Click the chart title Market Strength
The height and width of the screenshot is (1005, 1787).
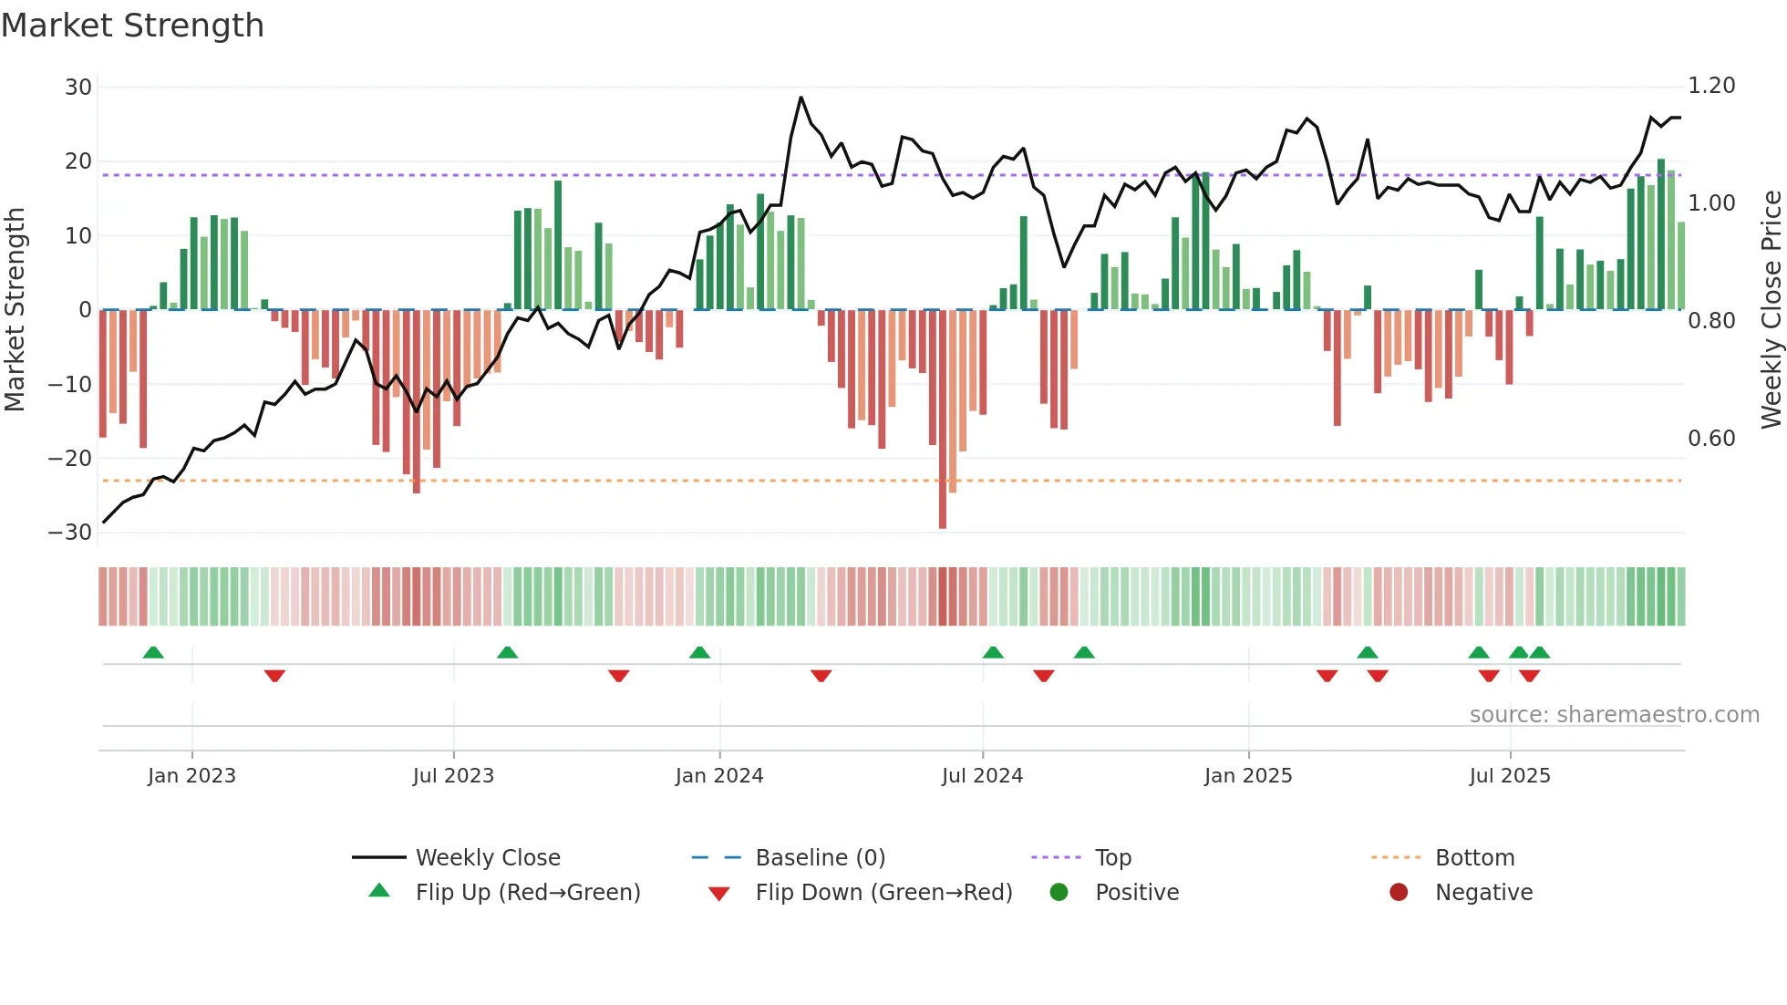(x=132, y=26)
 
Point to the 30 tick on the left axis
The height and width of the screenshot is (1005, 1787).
(x=78, y=88)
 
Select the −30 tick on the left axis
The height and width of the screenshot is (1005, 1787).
(x=70, y=533)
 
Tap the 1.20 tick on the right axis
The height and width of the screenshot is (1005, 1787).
(x=1711, y=86)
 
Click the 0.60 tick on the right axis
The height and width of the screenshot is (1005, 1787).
(x=1711, y=439)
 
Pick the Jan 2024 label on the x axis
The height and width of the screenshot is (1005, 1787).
(x=718, y=776)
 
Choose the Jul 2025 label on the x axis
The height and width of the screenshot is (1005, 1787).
(x=1509, y=776)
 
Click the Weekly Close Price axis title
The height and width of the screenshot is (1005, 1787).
(x=1771, y=310)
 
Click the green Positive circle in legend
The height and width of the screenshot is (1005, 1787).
(x=1059, y=893)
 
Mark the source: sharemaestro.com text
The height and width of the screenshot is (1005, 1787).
(x=1614, y=715)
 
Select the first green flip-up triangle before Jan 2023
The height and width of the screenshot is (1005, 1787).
(x=153, y=653)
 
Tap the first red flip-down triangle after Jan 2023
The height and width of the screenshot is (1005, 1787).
(x=274, y=676)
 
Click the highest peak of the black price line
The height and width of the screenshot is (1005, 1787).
(x=801, y=98)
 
